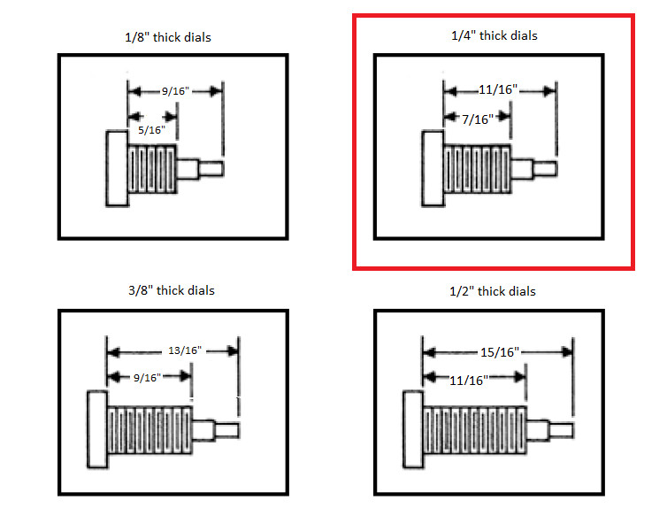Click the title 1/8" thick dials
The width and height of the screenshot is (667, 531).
click(168, 37)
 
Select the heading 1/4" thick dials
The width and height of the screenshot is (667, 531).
click(494, 35)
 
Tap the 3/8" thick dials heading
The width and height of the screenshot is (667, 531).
click(172, 290)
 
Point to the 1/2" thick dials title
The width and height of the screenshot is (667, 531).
click(493, 291)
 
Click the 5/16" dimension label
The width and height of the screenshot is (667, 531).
click(151, 130)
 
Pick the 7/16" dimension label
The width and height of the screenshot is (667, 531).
click(478, 119)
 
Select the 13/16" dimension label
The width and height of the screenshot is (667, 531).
click(185, 350)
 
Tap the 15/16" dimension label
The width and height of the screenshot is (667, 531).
click(500, 352)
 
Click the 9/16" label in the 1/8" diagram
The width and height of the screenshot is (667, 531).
click(175, 91)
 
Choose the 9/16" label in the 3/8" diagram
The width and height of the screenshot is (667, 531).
click(147, 378)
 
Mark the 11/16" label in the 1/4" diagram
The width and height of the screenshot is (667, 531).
click(498, 89)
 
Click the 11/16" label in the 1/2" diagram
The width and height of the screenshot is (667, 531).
click(469, 381)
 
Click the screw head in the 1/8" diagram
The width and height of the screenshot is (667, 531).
click(117, 168)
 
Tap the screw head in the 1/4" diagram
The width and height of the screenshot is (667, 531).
click(433, 168)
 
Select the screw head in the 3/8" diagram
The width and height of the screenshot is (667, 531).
click(97, 429)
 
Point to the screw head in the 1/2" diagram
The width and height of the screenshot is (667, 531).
click(413, 429)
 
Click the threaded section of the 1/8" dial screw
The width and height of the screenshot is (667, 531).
click(152, 169)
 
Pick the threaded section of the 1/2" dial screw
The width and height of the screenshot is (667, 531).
click(475, 430)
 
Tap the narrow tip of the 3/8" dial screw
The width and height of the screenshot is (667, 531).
click(226, 430)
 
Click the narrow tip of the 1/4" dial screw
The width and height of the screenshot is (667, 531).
click(545, 168)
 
